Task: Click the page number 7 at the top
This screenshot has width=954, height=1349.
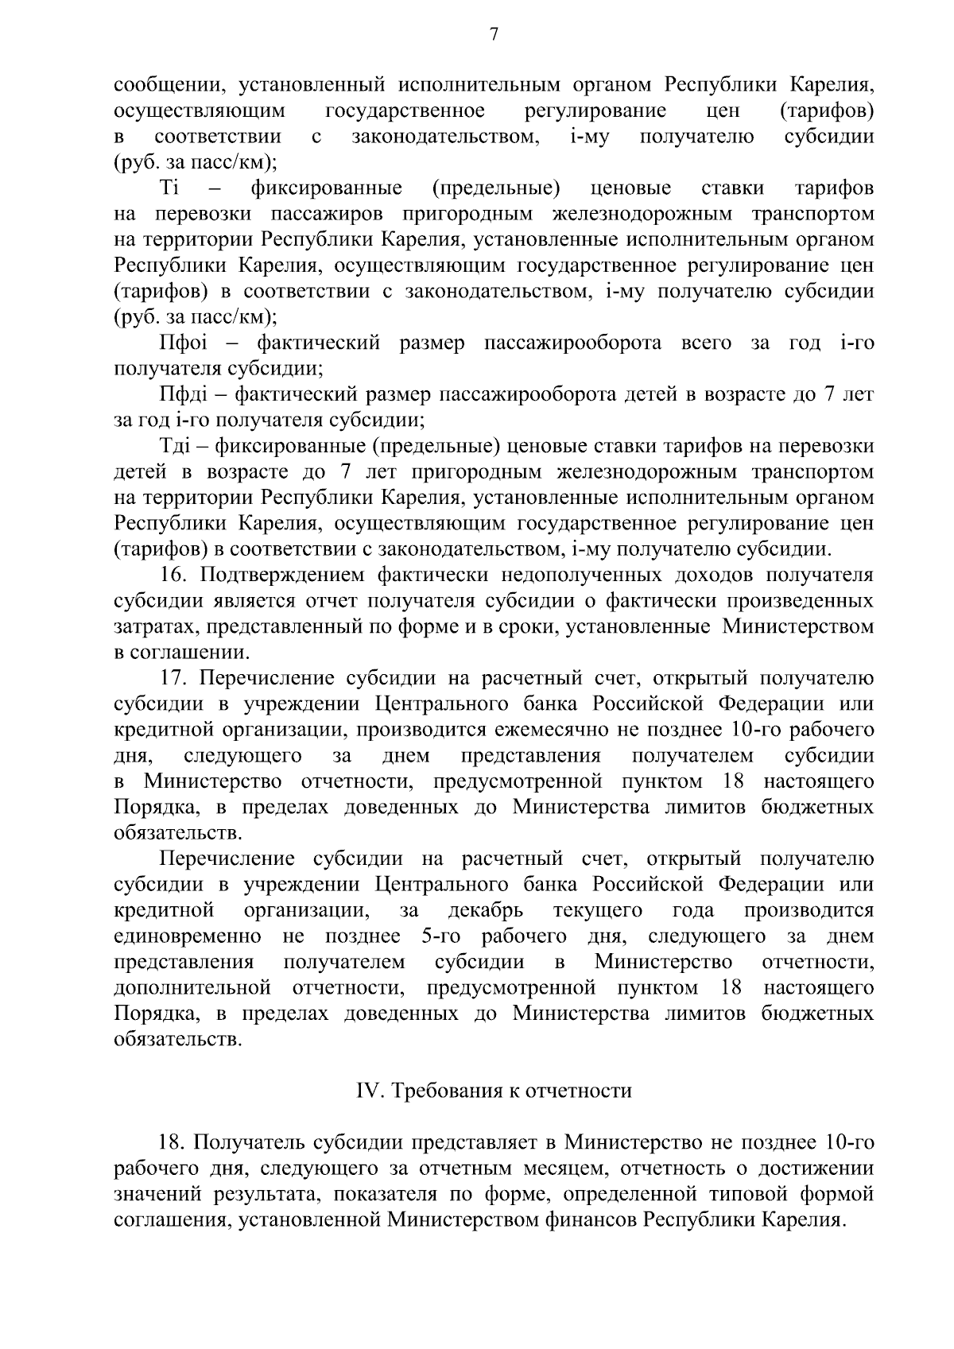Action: (494, 34)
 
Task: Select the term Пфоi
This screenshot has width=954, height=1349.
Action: (183, 343)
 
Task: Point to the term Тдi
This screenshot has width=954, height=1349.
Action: (179, 447)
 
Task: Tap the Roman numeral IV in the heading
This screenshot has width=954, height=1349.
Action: (368, 1091)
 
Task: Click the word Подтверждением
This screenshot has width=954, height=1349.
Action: (282, 576)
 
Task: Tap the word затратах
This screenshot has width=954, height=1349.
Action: (156, 627)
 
